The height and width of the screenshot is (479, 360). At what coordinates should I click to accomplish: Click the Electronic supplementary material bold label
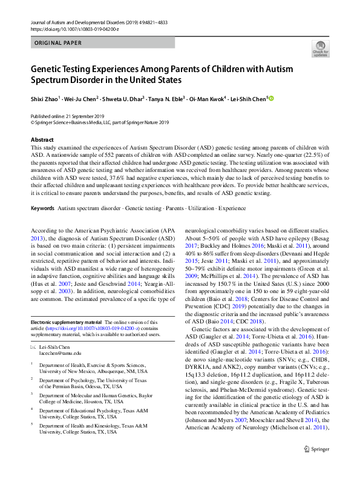(x=66, y=322)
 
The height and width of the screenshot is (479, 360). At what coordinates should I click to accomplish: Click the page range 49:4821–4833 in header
(x=147, y=22)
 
